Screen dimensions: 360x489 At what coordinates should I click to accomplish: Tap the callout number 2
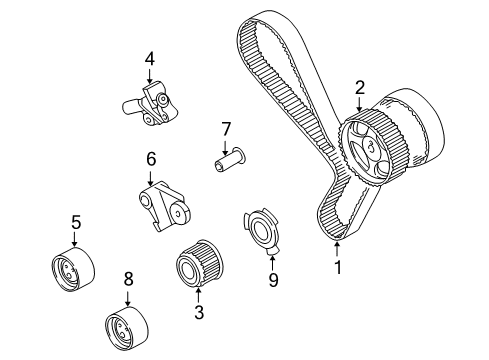tap(359, 89)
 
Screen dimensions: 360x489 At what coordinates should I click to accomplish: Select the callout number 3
tap(199, 312)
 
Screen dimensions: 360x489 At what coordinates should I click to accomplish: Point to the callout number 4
tap(149, 59)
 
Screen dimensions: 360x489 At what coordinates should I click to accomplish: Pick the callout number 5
tap(74, 222)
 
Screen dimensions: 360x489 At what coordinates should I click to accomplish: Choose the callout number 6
tap(152, 158)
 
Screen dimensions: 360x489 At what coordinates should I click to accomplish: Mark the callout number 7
tap(226, 128)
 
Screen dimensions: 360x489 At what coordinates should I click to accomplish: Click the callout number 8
tap(128, 281)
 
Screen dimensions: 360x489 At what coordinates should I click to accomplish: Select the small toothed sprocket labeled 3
tap(197, 266)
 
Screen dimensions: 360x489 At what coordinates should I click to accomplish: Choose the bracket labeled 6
tap(160, 201)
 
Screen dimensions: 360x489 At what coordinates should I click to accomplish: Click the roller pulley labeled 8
tap(129, 325)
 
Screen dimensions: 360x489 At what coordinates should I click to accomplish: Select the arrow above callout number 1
tap(337, 245)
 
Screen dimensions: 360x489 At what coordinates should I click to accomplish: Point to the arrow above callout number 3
tap(199, 293)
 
